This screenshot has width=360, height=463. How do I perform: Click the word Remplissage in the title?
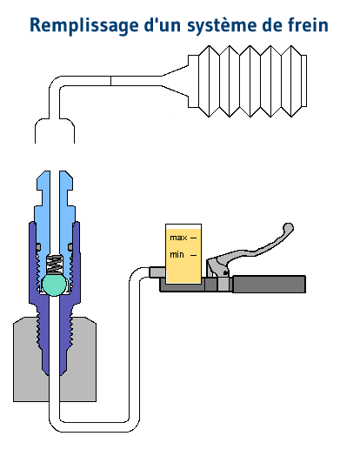(x=84, y=26)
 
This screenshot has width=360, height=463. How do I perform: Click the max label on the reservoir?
(x=178, y=238)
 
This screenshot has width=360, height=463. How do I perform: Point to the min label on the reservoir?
(x=177, y=254)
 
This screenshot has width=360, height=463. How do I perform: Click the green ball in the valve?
(x=54, y=285)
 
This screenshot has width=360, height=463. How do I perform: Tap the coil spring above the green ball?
(x=54, y=264)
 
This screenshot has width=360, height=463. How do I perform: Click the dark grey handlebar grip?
(x=269, y=284)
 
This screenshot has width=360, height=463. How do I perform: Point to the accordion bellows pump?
(x=247, y=81)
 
